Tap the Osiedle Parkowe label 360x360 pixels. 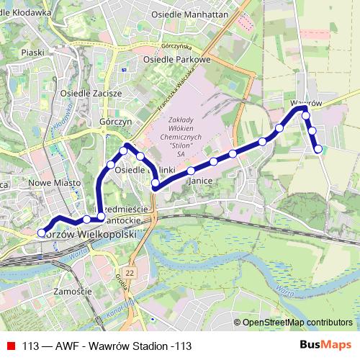176,60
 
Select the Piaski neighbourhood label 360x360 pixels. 33,53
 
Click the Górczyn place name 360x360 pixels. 116,122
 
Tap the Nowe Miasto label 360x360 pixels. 55,184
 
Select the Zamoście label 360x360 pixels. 73,292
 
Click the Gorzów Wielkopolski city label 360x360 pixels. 90,235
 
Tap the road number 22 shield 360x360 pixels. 129,274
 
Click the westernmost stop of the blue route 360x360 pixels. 41,233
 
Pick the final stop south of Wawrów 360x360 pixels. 318,149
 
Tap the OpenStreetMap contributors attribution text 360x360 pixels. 297,323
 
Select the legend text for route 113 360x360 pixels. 107,346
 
